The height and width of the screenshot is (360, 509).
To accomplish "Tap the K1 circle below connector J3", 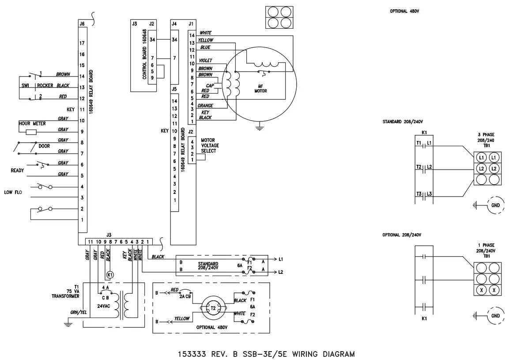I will point(109,274).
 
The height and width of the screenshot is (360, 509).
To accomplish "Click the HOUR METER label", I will point(32,124).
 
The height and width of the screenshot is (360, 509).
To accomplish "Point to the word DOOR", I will point(44,146).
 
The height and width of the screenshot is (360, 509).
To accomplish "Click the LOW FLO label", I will point(13,192).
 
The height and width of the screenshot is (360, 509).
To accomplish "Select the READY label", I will point(17,170).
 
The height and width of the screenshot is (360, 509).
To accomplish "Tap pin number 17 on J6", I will point(82,43).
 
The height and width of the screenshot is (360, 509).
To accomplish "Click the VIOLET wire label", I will point(206,61).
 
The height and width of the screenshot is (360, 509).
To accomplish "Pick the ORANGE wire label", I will point(205,106).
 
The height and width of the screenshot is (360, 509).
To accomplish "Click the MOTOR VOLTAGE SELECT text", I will point(210,145).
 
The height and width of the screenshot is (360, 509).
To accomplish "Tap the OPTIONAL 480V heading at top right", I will point(404,11).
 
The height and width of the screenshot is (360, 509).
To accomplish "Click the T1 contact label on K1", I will point(419,143).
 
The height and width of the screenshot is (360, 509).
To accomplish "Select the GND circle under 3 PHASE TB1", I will point(495,205).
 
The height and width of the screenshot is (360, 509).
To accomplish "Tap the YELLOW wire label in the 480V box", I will point(182,318).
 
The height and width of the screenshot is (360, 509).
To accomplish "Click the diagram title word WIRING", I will point(302,354).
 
